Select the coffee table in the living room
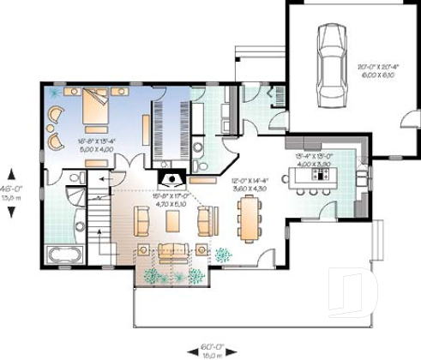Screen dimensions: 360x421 pos(172,221)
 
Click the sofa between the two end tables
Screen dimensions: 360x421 pos(171,250)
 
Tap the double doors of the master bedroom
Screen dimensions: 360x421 pos(129,163)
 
